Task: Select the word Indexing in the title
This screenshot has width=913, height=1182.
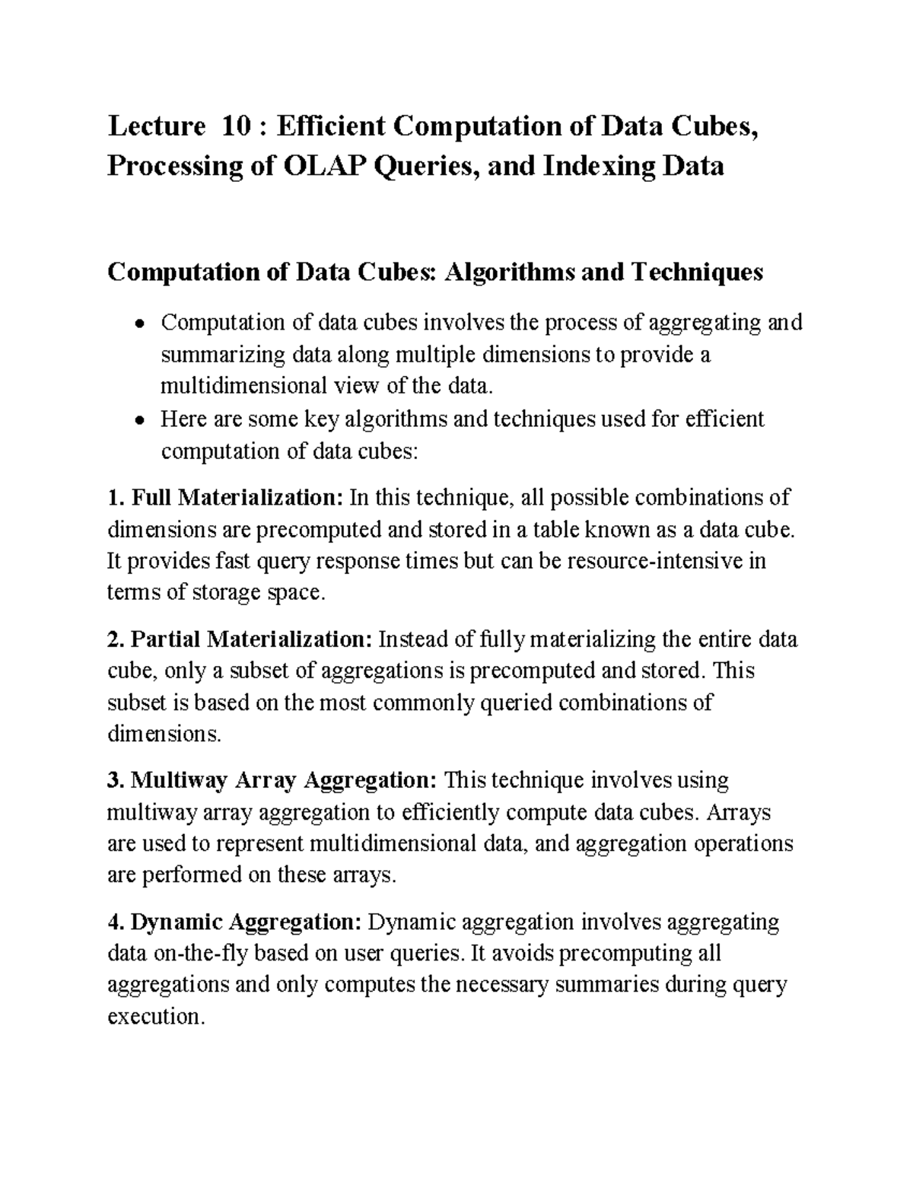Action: (602, 165)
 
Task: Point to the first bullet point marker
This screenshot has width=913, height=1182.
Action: (138, 325)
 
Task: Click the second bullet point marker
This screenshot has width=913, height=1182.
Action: (138, 421)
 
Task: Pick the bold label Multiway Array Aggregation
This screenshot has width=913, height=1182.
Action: (282, 781)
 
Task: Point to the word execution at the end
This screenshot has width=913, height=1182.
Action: (155, 1017)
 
